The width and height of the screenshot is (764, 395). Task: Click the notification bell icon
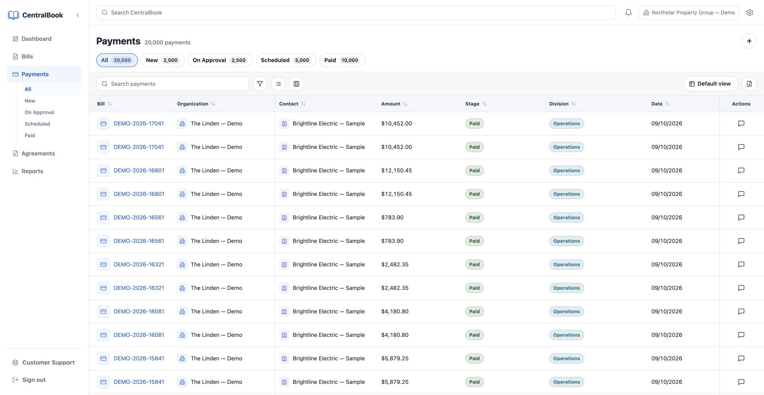(628, 13)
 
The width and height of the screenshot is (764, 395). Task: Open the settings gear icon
(750, 13)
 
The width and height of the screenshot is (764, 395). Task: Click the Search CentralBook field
(356, 13)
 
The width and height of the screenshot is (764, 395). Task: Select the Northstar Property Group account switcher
(689, 13)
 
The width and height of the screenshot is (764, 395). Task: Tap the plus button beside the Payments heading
(749, 41)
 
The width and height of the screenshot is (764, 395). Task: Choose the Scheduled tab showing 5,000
(286, 60)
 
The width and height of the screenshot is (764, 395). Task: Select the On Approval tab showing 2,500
(220, 60)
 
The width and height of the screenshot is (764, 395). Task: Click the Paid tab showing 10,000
(342, 60)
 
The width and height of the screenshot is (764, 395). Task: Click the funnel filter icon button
(260, 84)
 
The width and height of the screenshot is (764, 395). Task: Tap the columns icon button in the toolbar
(296, 84)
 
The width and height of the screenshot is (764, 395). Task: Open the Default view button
(711, 84)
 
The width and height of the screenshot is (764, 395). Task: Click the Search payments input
(173, 84)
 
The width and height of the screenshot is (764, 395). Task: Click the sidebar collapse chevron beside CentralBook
(78, 15)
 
